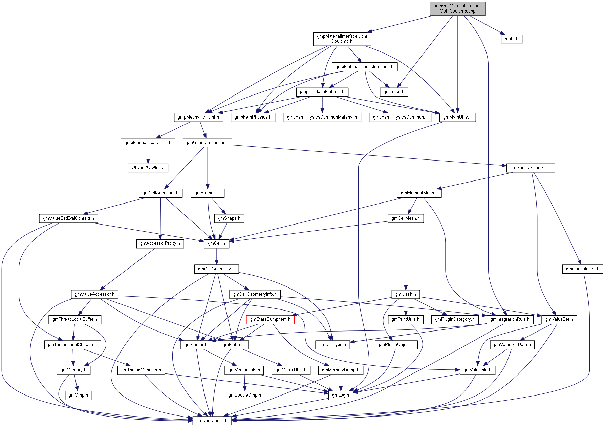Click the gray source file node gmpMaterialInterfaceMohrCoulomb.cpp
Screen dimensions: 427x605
click(x=457, y=8)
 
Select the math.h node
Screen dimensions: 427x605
click(x=511, y=39)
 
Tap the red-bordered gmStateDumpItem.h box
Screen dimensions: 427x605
click(x=270, y=319)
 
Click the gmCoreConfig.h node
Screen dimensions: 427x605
click(x=212, y=421)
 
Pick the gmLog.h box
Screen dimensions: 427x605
click(x=340, y=395)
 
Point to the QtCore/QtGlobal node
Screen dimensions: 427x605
click(x=148, y=168)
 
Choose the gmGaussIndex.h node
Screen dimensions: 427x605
click(x=582, y=269)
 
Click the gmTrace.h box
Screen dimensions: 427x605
click(x=394, y=92)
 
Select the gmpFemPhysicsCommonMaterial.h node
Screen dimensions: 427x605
click(x=322, y=117)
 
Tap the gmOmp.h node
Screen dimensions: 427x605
click(x=78, y=395)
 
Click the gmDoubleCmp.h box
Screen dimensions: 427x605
click(x=244, y=395)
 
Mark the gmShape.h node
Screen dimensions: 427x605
click(x=229, y=218)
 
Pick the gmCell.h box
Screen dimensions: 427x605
click(x=216, y=243)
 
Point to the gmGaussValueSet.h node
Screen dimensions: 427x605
click(x=530, y=168)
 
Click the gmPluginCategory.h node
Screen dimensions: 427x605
click(x=455, y=319)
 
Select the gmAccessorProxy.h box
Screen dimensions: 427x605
click(x=160, y=243)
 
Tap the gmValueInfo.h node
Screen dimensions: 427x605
click(x=477, y=370)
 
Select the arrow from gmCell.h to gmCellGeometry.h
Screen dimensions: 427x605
click(x=216, y=256)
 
